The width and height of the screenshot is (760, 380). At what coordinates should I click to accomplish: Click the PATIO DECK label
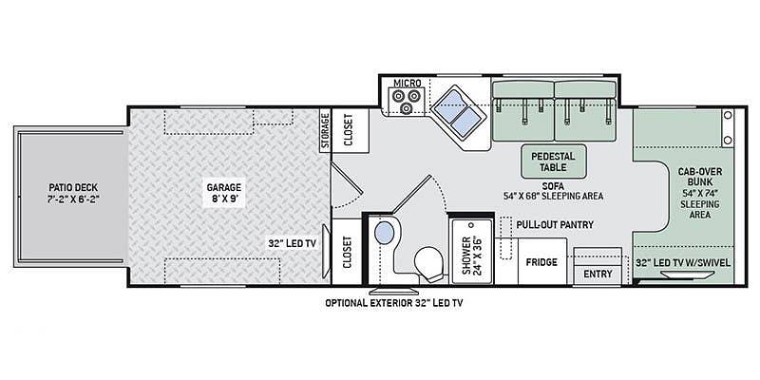[x=73, y=192]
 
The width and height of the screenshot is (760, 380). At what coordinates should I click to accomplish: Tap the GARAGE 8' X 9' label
[x=223, y=192]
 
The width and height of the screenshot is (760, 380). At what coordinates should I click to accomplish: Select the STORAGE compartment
[x=325, y=130]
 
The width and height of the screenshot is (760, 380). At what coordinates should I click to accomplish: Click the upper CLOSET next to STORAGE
[x=350, y=130]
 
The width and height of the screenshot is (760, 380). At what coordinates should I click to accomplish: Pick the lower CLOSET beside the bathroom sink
[x=347, y=252]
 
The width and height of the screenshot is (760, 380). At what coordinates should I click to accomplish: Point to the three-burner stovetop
[x=407, y=97]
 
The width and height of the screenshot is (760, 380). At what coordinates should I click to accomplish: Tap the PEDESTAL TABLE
[x=553, y=161]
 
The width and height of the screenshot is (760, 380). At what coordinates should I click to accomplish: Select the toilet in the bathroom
[x=431, y=264]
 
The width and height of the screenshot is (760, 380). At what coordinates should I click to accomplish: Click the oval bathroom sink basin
[x=385, y=232]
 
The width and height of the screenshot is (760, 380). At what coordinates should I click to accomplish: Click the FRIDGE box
[x=541, y=262]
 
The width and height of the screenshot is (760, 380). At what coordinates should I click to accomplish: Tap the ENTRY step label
[x=598, y=274]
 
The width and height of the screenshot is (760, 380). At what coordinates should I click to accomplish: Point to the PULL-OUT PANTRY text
[x=555, y=225]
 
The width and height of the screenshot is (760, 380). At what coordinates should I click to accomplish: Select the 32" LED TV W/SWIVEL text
[x=683, y=263]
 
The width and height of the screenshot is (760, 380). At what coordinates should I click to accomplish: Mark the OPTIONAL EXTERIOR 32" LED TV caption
[x=394, y=303]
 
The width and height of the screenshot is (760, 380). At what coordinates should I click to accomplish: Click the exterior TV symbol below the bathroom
[x=393, y=291]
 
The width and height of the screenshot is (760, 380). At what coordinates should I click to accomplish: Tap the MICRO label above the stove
[x=408, y=84]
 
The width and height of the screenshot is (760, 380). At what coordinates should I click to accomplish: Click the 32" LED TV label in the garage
[x=292, y=243]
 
